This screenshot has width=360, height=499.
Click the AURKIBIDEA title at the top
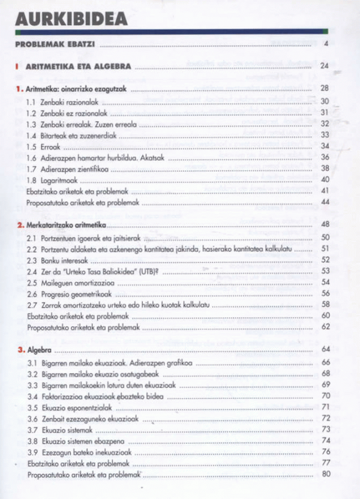(x=71, y=19)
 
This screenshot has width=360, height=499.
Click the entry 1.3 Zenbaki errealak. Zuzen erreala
(x=82, y=124)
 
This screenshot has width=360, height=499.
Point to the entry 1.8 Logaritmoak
(x=53, y=179)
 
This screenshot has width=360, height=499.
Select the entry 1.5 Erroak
(x=44, y=146)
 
